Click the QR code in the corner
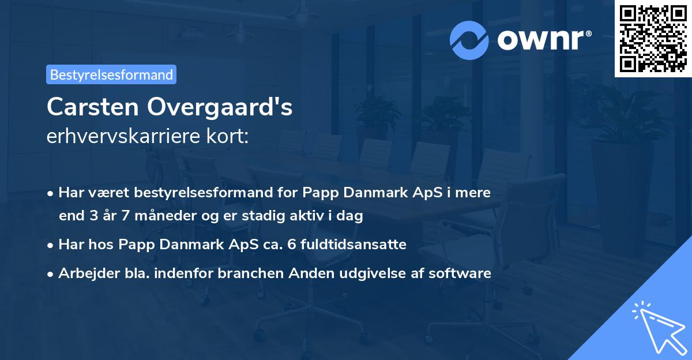[653, 39]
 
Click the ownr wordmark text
[544, 40]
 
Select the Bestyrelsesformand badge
[111, 74]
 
